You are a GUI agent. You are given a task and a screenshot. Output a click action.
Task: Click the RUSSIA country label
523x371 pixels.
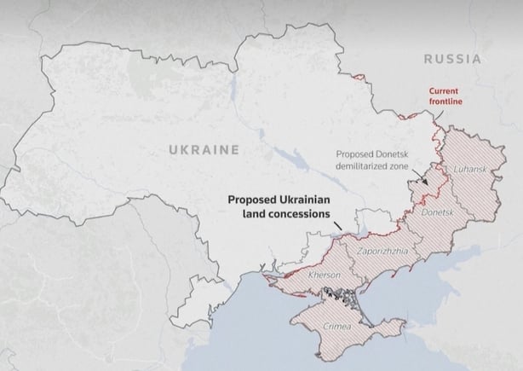tap(451, 60)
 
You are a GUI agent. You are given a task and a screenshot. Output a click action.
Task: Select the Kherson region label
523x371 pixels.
tap(324, 275)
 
